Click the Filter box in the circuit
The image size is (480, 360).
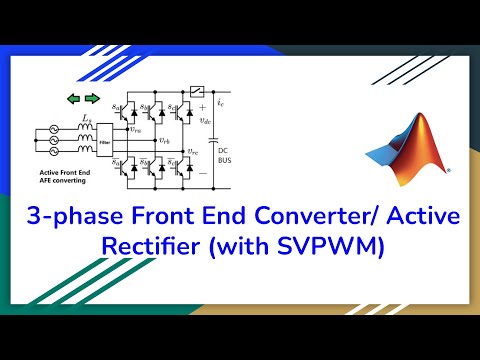(x=105, y=143)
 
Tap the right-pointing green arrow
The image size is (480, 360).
(x=93, y=98)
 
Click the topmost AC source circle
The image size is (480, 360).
(x=43, y=129)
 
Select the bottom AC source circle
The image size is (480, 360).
(x=43, y=157)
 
